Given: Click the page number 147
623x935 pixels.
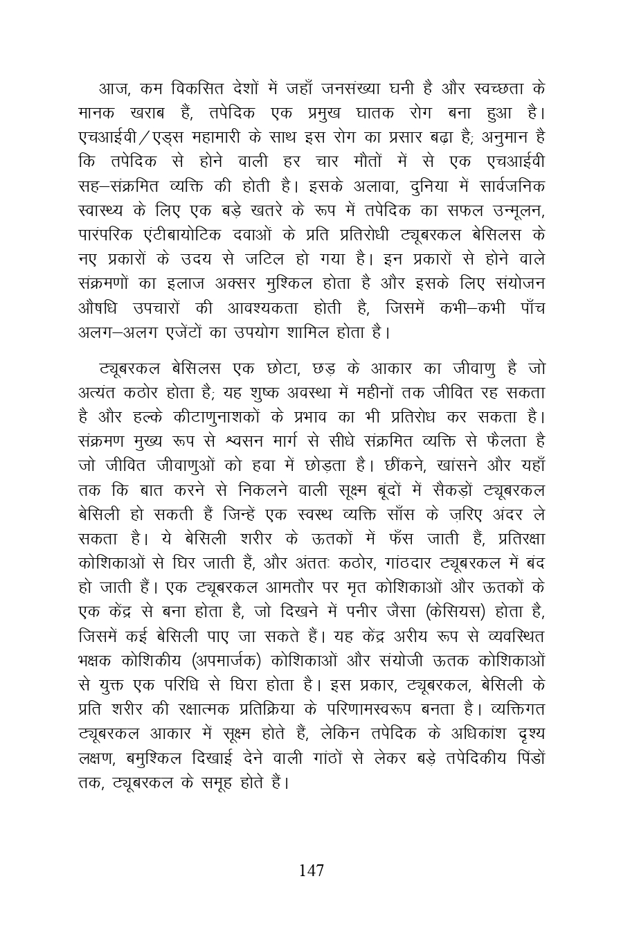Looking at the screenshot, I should (x=311, y=871).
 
